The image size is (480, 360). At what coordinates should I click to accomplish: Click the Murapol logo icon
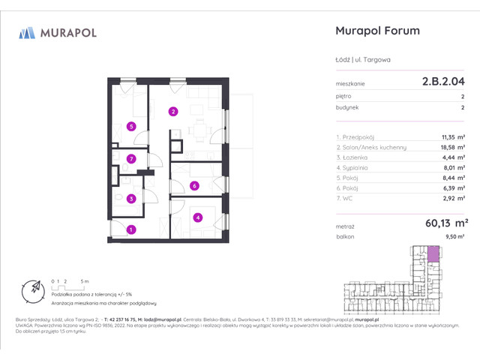(x=28, y=32)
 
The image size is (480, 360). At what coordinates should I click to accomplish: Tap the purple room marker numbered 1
(x=131, y=229)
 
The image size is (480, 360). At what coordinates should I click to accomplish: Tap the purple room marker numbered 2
(x=173, y=112)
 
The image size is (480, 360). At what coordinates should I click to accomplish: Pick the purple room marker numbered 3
(x=131, y=199)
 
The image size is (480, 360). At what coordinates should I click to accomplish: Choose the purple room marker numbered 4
(x=197, y=218)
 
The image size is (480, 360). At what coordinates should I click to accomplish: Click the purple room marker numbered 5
(x=131, y=126)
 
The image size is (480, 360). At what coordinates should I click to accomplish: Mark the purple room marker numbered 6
(x=193, y=185)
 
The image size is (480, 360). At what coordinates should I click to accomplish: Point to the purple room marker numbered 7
(x=131, y=158)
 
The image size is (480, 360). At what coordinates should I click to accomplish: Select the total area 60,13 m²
(x=445, y=222)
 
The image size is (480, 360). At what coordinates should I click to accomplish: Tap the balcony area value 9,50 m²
(x=455, y=236)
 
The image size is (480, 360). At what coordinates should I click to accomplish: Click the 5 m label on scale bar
(x=85, y=280)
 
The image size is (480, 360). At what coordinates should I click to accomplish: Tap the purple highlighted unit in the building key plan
(x=433, y=256)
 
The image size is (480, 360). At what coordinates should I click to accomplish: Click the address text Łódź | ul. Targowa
(x=362, y=61)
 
